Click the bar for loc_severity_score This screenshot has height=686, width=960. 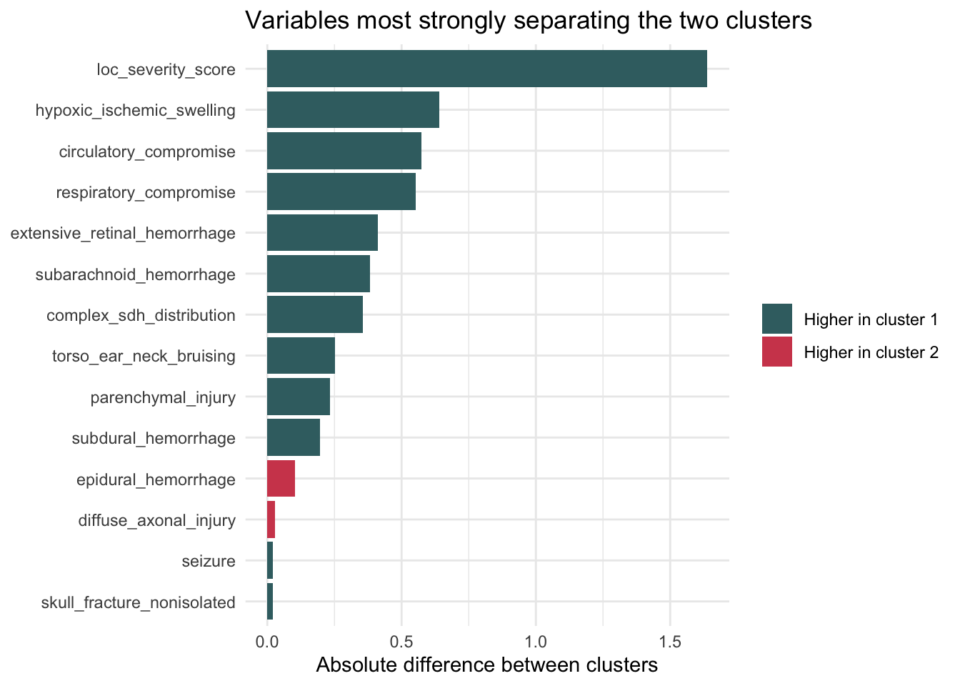click(x=486, y=69)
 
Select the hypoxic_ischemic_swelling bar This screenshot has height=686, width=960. click(x=353, y=110)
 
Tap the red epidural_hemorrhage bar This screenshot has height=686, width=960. click(x=281, y=479)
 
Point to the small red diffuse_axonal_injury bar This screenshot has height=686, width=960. click(x=271, y=520)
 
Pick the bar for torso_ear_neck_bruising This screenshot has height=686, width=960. click(x=301, y=356)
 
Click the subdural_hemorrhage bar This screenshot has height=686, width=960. click(x=293, y=437)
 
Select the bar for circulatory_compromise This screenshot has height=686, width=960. click(x=344, y=151)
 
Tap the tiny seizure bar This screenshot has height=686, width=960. click(x=270, y=561)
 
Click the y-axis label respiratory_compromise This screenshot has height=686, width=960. click(x=146, y=192)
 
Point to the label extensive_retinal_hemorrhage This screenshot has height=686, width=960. click(x=123, y=233)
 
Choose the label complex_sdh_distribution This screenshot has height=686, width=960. click(x=141, y=315)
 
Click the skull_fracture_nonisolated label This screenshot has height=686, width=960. click(x=138, y=602)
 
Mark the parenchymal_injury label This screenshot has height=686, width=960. click(x=163, y=397)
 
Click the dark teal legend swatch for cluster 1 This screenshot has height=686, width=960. click(x=776, y=319)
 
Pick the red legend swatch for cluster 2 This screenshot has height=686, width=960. click(x=776, y=352)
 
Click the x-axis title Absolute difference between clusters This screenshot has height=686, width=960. click(x=486, y=665)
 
